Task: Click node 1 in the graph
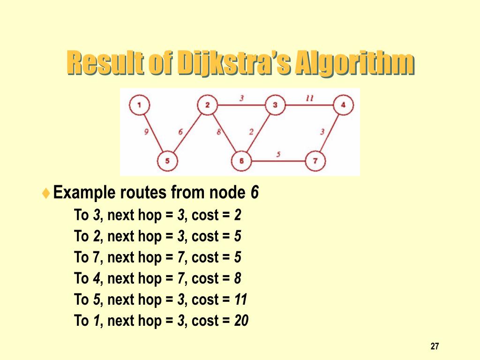139,105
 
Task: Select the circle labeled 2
207,105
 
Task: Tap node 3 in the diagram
275,105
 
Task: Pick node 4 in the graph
344,105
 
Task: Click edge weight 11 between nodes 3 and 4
309,98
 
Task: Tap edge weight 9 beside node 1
146,132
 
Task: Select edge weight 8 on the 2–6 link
218,132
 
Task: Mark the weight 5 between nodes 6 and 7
278,154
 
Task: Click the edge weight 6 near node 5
180,132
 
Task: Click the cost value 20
241,321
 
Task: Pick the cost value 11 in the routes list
240,300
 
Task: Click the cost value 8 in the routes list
238,278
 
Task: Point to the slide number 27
435,346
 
